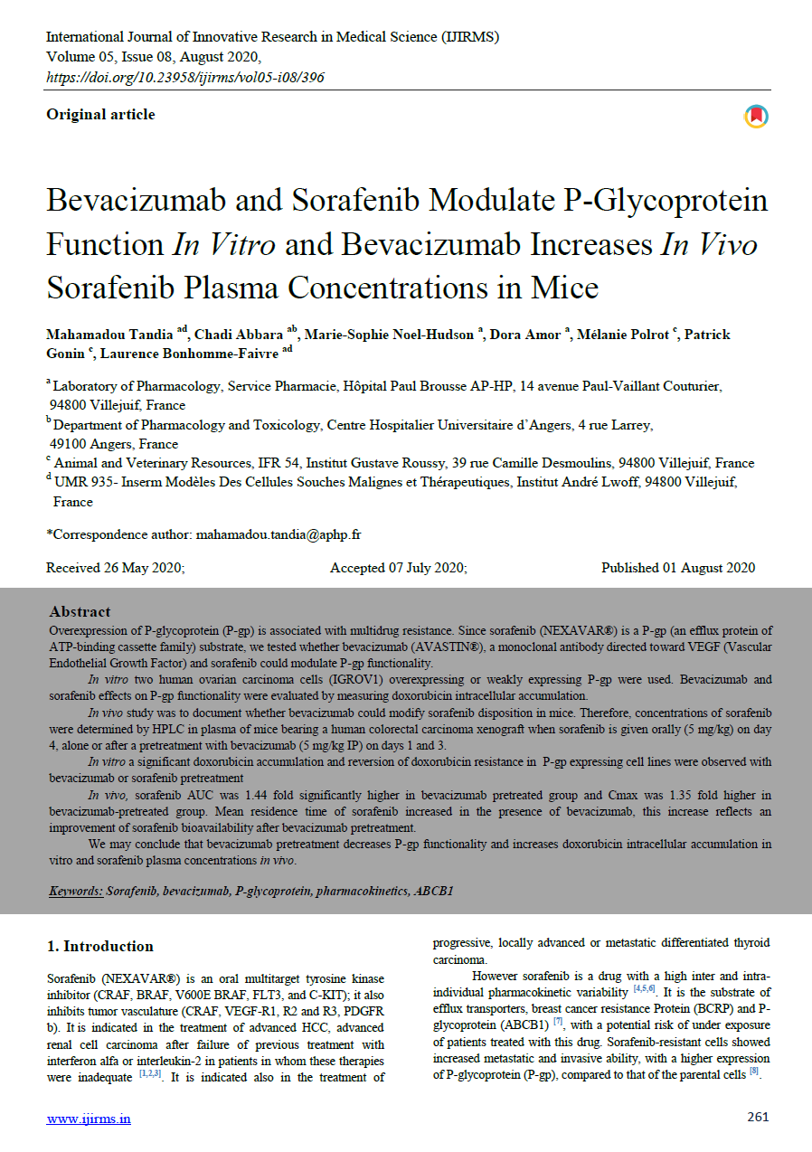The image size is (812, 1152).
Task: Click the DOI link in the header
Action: pos(184,77)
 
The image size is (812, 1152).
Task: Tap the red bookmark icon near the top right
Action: pos(756,117)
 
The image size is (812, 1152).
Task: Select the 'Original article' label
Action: pos(100,114)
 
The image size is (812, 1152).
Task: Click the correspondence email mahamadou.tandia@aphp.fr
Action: pos(279,534)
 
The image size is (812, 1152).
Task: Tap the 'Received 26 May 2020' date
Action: pos(116,568)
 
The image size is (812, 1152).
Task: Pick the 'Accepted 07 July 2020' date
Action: pos(398,568)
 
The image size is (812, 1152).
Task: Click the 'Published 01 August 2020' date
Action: pos(678,568)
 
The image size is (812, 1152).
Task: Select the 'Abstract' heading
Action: pos(80,611)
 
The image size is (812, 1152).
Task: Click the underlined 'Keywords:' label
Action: pos(76,891)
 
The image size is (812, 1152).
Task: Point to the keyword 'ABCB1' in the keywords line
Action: pos(434,891)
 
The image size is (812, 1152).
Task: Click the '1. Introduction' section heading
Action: pos(99,946)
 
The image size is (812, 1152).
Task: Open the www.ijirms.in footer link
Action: pos(89,1119)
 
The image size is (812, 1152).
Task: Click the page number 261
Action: pos(758,1117)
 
